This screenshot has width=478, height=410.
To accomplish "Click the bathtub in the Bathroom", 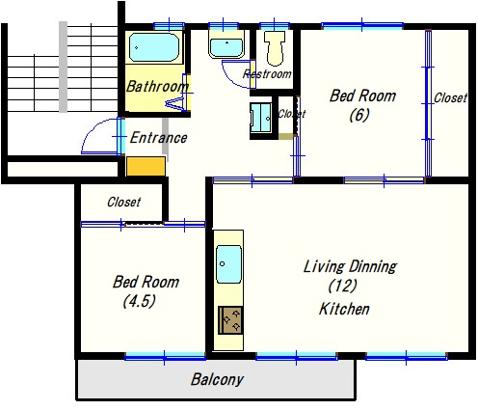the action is (x=154, y=47).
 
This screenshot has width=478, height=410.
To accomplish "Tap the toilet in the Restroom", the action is (x=275, y=47).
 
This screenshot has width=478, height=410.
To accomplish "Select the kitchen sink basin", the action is (x=228, y=264).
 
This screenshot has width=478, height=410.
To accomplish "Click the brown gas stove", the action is (x=230, y=320).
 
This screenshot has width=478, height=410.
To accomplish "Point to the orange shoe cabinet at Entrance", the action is (x=146, y=166).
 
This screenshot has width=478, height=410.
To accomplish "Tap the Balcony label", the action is (x=217, y=379).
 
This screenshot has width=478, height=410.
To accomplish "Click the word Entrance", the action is (x=158, y=138).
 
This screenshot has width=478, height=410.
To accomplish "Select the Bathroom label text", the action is (x=157, y=86).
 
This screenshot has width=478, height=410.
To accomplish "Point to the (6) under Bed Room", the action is (x=359, y=115).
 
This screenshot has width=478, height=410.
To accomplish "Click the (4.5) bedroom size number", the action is (x=140, y=301).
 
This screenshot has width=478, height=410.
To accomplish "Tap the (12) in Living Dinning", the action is (x=343, y=286).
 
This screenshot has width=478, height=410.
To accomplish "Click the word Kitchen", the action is (x=344, y=309).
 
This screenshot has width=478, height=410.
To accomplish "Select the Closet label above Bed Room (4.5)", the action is (x=123, y=202).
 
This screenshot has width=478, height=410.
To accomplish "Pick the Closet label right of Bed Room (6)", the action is (x=450, y=97).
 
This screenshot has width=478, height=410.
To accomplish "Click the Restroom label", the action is (x=267, y=74).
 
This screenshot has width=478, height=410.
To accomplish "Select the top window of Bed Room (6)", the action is (x=362, y=26).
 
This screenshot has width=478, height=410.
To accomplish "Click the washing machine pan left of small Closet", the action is (x=261, y=118).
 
